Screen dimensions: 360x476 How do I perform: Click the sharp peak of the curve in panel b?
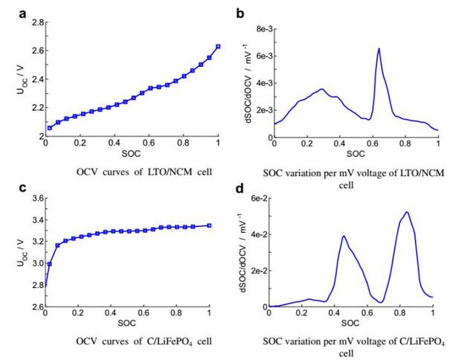point(379,49)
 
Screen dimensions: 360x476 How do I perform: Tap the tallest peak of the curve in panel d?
point(406,212)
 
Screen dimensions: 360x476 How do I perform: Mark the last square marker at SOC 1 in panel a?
point(218,46)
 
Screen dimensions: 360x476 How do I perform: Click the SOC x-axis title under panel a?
point(131,154)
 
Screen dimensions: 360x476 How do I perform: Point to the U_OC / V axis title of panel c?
point(17,251)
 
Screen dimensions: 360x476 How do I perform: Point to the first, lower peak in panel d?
point(344,237)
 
